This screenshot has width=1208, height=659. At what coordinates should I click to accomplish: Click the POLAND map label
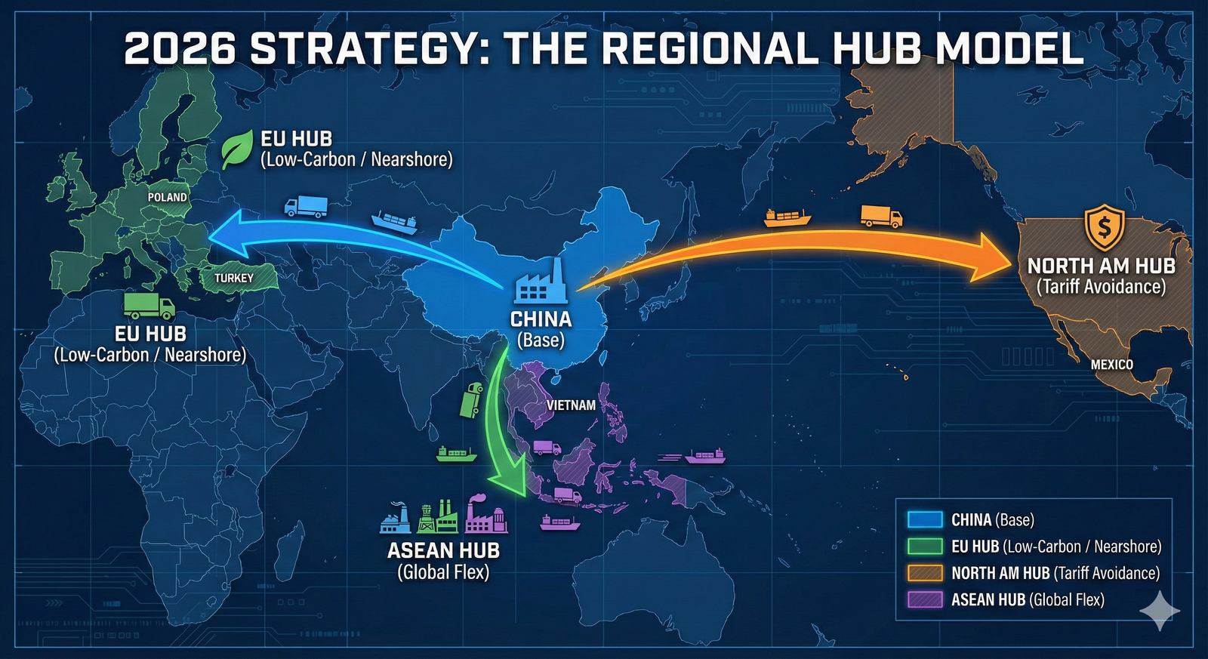click(167, 197)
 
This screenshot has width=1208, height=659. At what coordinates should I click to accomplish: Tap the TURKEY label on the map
click(234, 278)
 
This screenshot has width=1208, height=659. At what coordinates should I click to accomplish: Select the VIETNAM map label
click(571, 405)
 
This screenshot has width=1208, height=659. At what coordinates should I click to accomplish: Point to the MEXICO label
click(1111, 365)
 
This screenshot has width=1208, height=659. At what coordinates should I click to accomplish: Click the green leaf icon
click(237, 149)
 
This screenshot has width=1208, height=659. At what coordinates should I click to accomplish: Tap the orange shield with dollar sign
click(1104, 227)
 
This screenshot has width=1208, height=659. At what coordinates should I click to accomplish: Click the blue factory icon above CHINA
click(541, 283)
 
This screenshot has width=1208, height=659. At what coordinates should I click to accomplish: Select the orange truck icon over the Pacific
click(881, 216)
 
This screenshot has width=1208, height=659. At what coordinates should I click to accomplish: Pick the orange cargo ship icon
click(787, 217)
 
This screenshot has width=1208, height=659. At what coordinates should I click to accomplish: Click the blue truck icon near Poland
click(306, 206)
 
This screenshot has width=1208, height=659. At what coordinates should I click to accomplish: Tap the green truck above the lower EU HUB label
click(149, 306)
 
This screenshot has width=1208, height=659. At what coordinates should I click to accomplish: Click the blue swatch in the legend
click(924, 519)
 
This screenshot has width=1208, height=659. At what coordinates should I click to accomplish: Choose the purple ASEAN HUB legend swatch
click(924, 599)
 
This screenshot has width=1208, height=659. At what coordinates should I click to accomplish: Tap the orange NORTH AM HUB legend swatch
click(924, 573)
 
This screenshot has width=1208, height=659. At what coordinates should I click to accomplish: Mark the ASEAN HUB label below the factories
click(443, 550)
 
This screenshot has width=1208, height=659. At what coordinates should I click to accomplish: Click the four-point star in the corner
click(1159, 611)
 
